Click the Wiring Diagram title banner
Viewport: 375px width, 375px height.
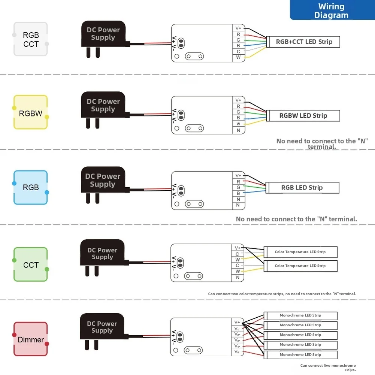332,10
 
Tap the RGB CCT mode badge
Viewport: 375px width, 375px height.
31,39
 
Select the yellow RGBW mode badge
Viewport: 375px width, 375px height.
31,113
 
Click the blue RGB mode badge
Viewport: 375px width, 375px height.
31,187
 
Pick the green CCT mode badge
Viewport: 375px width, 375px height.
31,265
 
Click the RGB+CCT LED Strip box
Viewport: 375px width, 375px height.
304,42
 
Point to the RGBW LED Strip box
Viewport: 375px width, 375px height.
303,116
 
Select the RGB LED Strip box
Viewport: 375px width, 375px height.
302,188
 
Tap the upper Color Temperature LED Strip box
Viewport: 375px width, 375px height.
300,252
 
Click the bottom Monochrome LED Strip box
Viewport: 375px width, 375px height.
300,355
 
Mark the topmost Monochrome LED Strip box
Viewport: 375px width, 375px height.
300,315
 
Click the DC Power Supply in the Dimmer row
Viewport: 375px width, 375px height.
102,327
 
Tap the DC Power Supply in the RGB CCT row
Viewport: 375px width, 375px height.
103,34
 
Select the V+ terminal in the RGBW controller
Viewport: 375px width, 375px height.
238,100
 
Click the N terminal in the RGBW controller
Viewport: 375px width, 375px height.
238,130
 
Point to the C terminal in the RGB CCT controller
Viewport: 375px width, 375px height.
238,51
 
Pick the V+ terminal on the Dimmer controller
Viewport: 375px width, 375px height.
237,322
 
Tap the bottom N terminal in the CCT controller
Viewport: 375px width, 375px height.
238,278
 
